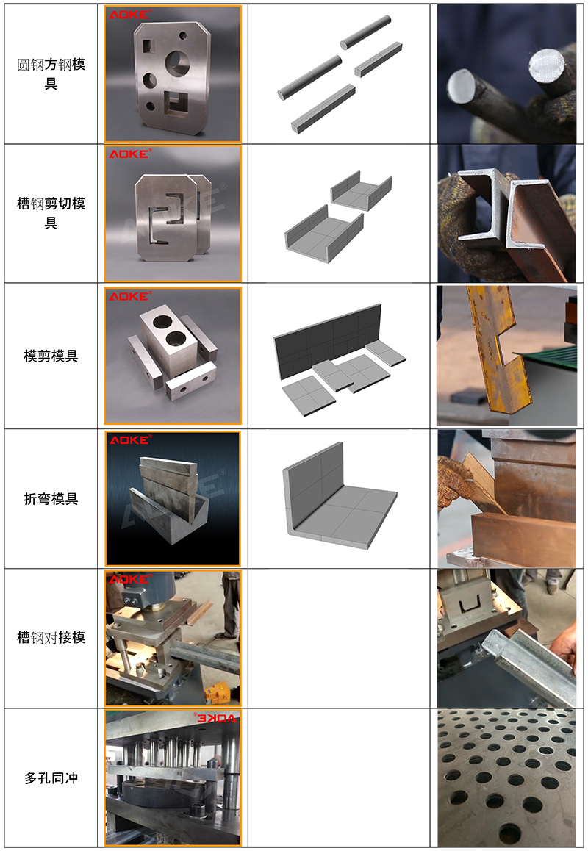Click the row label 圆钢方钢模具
[51, 73]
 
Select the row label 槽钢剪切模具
[51, 213]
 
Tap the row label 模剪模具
[51, 356]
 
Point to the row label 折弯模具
[51, 498]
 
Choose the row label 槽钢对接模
[51, 637]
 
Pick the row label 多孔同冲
[51, 778]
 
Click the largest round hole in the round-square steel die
[178, 63]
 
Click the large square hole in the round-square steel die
[176, 103]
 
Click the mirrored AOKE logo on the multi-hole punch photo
[215, 718]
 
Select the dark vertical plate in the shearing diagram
[327, 341]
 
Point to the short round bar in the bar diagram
[365, 32]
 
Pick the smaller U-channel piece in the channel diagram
[361, 191]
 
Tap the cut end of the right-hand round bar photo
[546, 65]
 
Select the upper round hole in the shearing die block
[162, 321]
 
